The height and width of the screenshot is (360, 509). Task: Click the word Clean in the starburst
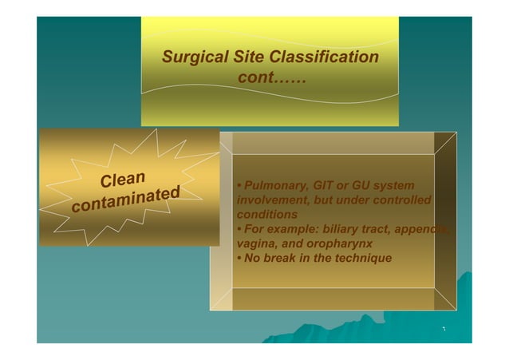point(122,176)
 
